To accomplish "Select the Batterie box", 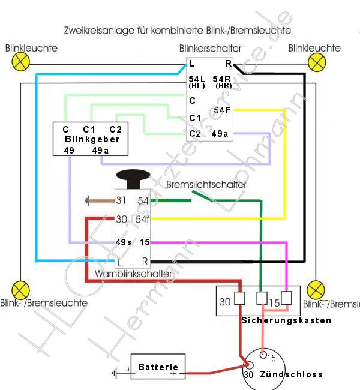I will [158, 367].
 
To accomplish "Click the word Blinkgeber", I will [92, 139].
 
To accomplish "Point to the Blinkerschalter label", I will [210, 48].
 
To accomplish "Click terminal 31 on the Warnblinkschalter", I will [122, 200].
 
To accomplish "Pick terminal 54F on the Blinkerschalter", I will [222, 110].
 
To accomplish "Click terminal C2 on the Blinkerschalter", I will [195, 134].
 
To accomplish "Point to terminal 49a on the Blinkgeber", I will [100, 151].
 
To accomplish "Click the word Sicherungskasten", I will [286, 320].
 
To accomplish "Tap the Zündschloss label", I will [291, 374].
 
